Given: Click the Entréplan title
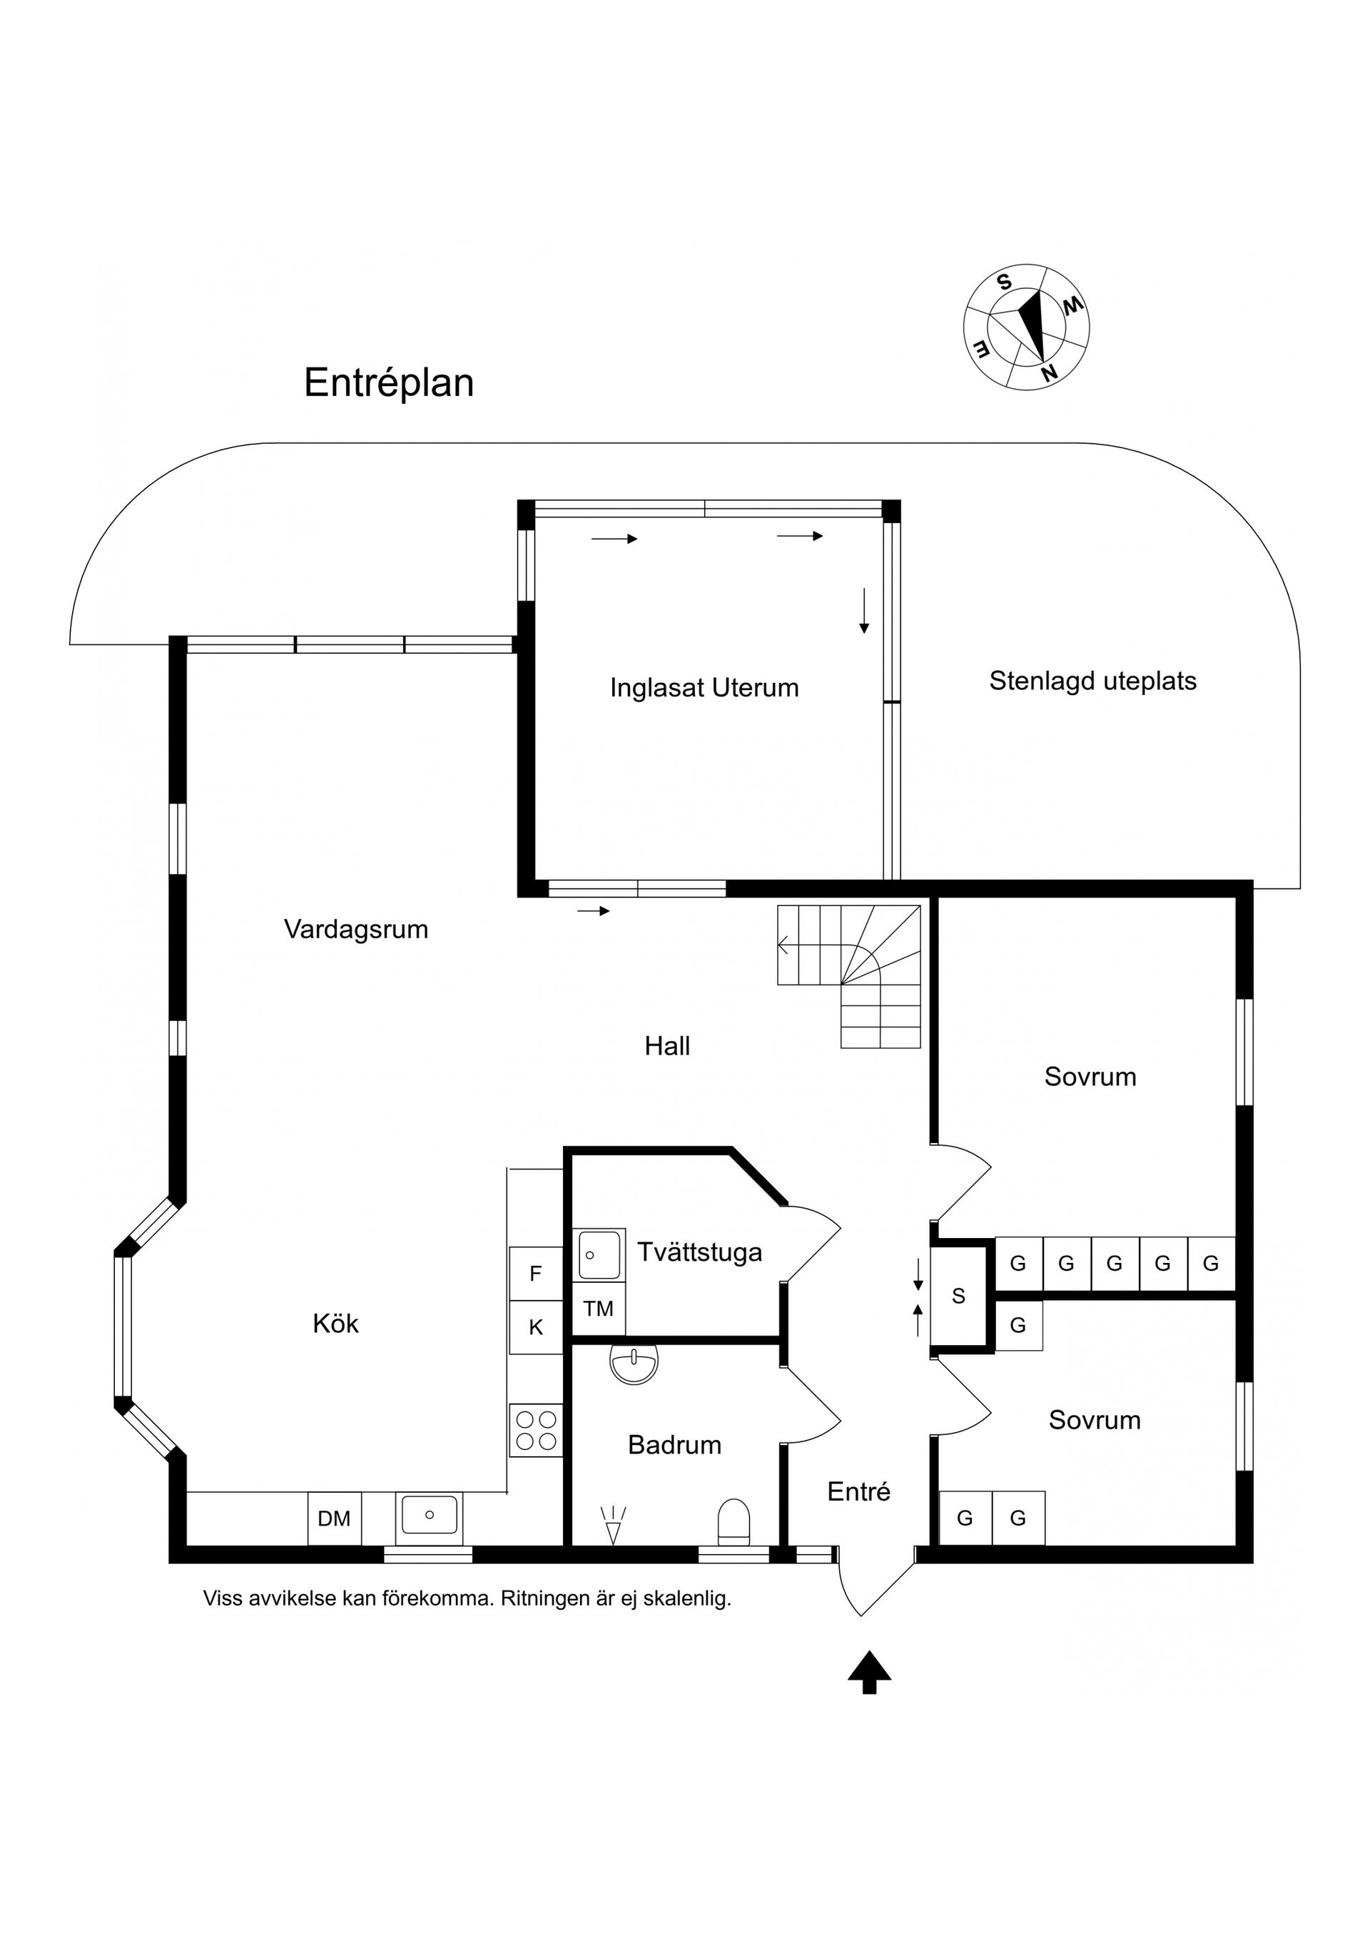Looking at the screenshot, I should (388, 382).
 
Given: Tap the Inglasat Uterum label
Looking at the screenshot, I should (704, 688).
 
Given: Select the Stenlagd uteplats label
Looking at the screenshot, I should (1092, 681).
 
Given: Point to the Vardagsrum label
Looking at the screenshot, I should (355, 929).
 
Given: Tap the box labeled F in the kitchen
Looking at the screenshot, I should (535, 1274).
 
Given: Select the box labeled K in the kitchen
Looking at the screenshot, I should (535, 1328).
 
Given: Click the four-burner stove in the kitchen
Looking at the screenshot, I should (536, 1430).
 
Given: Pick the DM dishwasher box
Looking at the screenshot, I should (334, 1518).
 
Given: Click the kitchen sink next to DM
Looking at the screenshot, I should (429, 1515).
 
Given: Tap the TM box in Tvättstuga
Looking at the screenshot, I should (599, 1309).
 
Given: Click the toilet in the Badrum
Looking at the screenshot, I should (733, 1522).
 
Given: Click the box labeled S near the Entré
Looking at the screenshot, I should (958, 1297).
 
